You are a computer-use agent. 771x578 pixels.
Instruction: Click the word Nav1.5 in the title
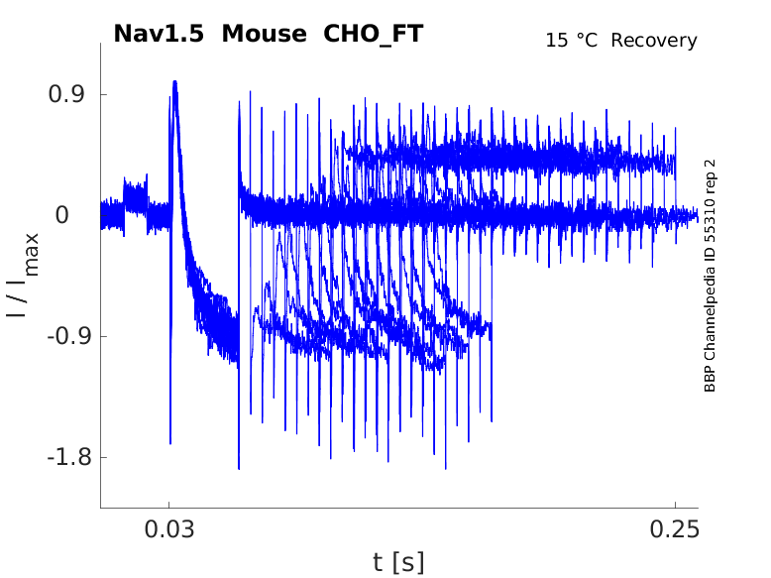coord(160,34)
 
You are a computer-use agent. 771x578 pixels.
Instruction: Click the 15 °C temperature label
coord(573,41)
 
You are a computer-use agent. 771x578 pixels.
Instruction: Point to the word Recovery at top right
coord(654,41)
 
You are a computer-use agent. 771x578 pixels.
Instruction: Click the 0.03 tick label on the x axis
coord(169,528)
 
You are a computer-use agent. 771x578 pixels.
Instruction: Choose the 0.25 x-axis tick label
coord(675,528)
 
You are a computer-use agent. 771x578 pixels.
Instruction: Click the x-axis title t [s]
coord(398,563)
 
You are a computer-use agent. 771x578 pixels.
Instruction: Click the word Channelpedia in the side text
coord(710,318)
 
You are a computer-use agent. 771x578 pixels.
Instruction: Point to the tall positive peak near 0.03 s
coord(174,83)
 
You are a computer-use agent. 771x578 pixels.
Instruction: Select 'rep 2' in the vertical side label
coord(710,178)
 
